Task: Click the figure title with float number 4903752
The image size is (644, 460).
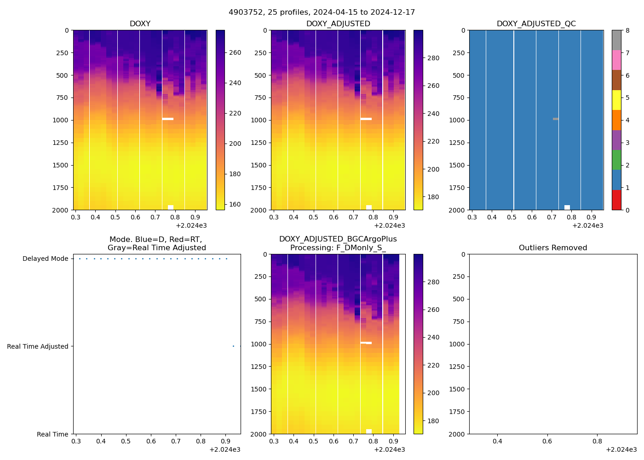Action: (322, 12)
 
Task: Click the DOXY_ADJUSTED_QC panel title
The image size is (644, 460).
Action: (536, 24)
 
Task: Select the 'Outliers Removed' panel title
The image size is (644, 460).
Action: (553, 248)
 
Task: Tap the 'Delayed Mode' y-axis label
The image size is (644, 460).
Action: (45, 259)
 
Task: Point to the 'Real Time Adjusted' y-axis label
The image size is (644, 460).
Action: (37, 347)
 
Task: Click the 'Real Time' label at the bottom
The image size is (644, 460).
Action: (52, 435)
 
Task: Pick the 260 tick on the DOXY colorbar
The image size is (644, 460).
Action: (235, 52)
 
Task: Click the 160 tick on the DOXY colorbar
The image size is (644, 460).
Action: (235, 204)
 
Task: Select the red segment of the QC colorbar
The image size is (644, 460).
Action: (616, 200)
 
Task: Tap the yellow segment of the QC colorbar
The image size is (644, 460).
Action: (616, 100)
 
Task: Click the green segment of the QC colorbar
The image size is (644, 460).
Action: (616, 160)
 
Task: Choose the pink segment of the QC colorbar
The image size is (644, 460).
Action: (616, 60)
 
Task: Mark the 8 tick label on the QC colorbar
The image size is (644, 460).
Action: (627, 30)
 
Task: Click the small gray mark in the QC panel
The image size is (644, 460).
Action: (556, 119)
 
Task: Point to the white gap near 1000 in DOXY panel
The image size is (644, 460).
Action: (168, 119)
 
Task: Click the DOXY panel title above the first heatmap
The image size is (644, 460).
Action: (140, 24)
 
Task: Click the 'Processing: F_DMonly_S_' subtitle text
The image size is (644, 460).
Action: (338, 248)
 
